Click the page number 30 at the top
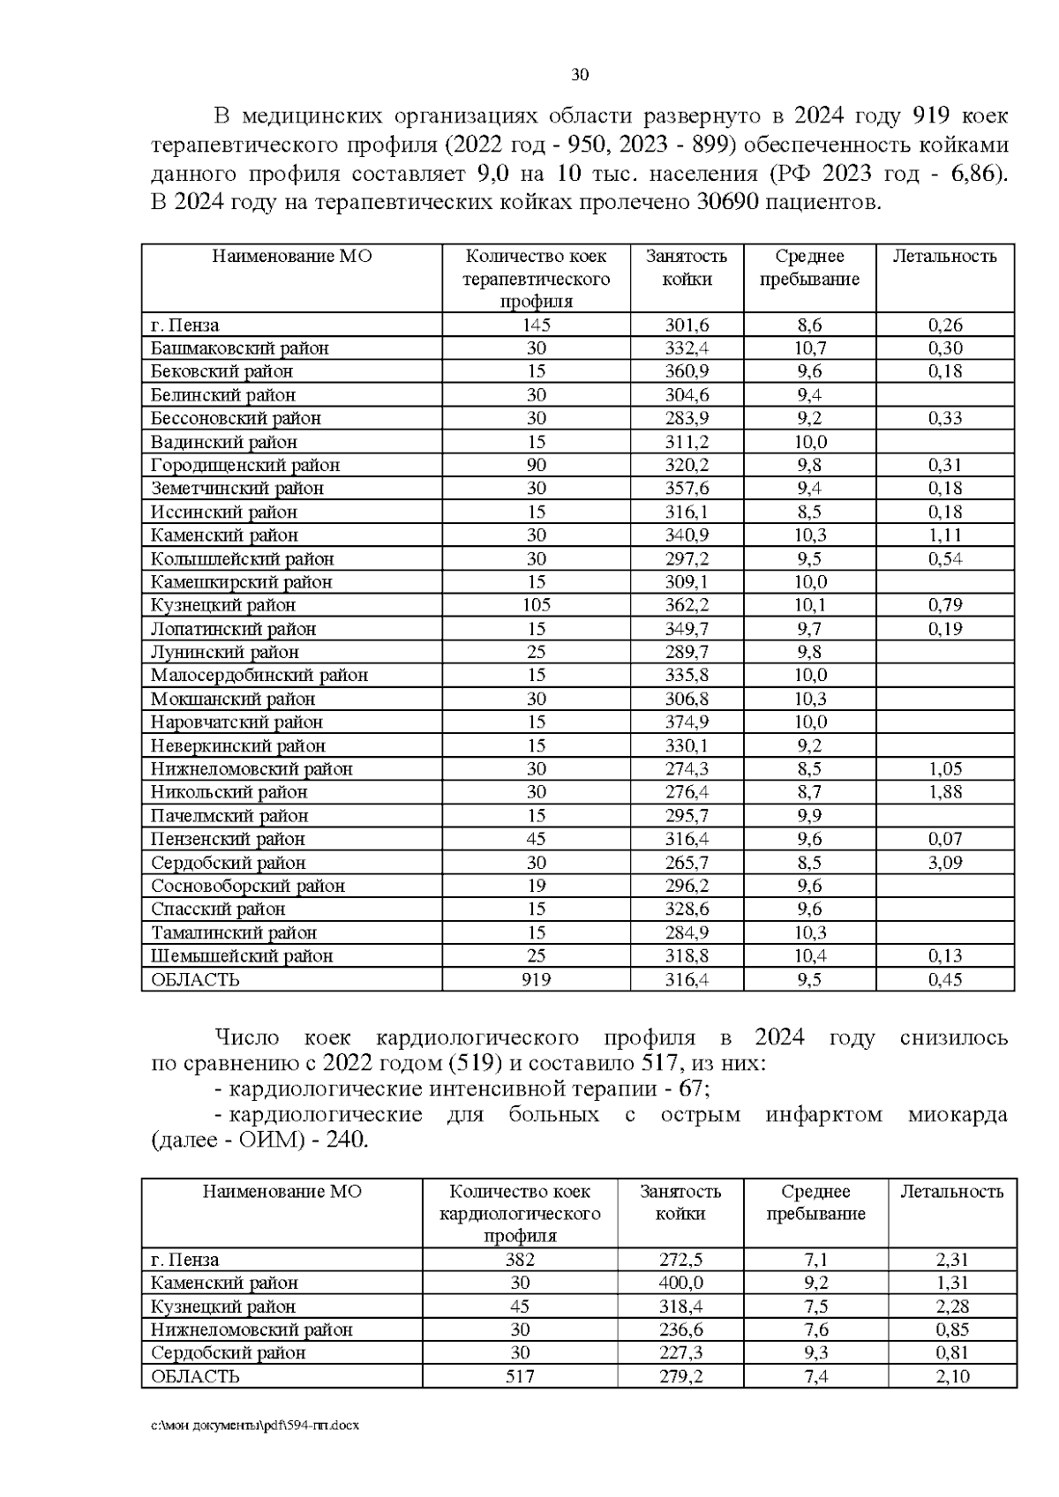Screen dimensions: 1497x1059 [x=580, y=75]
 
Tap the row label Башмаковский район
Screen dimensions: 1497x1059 [x=239, y=348]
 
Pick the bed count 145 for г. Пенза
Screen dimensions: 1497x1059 [x=536, y=325]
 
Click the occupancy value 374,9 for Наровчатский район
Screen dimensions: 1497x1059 [x=687, y=722]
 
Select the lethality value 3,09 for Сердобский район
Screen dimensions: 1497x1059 [x=944, y=862]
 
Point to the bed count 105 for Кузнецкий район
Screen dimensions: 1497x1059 [x=536, y=605]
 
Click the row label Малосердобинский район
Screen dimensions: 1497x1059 [x=259, y=675]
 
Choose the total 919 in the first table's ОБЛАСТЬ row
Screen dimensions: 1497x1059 [x=536, y=979]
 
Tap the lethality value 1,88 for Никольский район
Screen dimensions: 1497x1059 [x=944, y=792]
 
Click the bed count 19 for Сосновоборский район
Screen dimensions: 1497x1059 [x=536, y=886]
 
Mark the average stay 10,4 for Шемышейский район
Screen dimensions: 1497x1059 [x=810, y=955]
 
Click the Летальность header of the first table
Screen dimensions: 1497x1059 [x=944, y=257]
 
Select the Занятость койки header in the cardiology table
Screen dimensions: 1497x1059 [x=680, y=1202]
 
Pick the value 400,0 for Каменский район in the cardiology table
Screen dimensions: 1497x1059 [x=680, y=1283]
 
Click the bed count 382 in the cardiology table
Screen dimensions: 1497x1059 [x=520, y=1260]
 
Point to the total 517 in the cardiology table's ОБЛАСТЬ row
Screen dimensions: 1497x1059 [x=520, y=1376]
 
